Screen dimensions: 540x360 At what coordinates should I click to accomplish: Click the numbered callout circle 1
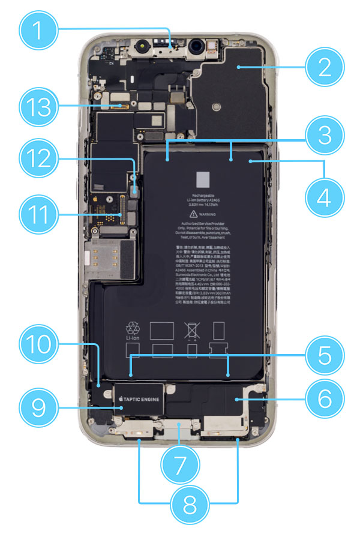[x=40, y=28]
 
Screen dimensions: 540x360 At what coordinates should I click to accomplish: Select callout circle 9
[x=40, y=409]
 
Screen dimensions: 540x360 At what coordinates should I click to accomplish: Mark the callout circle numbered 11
[x=40, y=214]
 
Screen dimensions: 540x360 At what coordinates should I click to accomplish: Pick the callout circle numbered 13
[x=40, y=109]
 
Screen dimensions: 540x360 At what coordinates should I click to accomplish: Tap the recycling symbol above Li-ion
[x=132, y=328]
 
